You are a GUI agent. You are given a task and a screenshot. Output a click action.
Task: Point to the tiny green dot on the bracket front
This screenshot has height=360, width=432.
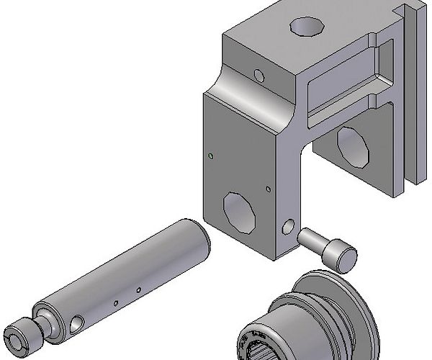[209, 154]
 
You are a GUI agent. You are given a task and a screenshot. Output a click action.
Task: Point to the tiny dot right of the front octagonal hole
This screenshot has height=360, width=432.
[268, 189]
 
